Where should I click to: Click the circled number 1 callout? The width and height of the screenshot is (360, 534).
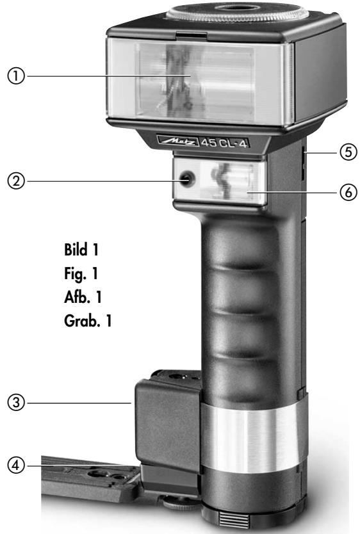tap(16, 76)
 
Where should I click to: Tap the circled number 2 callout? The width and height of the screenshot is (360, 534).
tap(16, 181)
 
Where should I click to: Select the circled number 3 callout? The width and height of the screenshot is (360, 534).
tap(16, 403)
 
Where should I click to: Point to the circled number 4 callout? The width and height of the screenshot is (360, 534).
tap(16, 465)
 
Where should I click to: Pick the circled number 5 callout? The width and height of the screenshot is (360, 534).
tap(348, 152)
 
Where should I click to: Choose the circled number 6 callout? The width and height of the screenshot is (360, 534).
tap(348, 192)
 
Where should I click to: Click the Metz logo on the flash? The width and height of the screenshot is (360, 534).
tap(178, 141)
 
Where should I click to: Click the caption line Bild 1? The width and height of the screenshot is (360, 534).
tap(81, 250)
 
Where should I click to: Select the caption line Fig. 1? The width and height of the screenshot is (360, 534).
tap(81, 274)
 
